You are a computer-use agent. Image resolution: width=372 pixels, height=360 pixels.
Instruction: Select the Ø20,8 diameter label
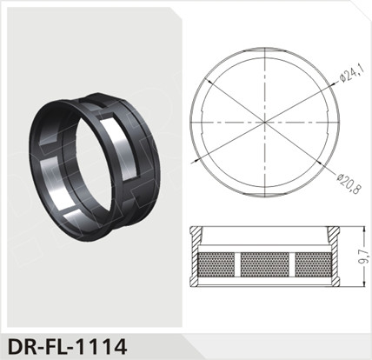(x=349, y=183)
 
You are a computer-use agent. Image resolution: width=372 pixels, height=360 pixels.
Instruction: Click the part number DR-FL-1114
(x=68, y=347)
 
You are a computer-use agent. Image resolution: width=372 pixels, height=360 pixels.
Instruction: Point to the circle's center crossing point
(x=265, y=123)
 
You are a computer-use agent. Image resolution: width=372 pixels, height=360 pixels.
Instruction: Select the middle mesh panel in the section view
(x=265, y=264)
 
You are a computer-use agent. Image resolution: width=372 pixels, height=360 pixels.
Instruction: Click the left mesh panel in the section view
(x=216, y=264)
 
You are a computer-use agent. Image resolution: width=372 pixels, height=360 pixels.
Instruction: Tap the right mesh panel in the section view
(x=313, y=264)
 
